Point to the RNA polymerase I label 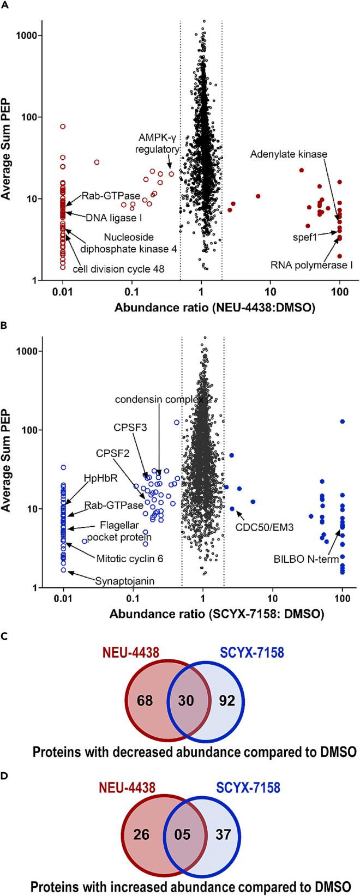tap(311, 265)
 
